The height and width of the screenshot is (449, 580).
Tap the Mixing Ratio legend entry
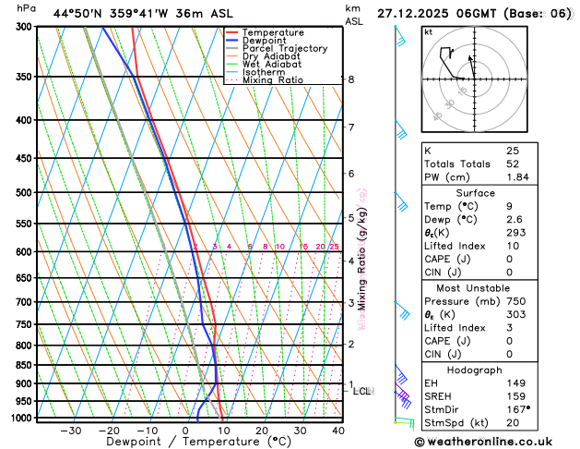tap(277, 79)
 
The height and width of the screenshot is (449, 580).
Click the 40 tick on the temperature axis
tap(338, 430)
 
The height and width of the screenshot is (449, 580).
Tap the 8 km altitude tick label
tap(350, 79)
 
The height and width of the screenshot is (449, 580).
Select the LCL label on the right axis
tap(361, 392)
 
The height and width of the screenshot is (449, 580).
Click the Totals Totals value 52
tap(513, 164)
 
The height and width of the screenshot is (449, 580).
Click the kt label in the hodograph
tap(429, 32)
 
